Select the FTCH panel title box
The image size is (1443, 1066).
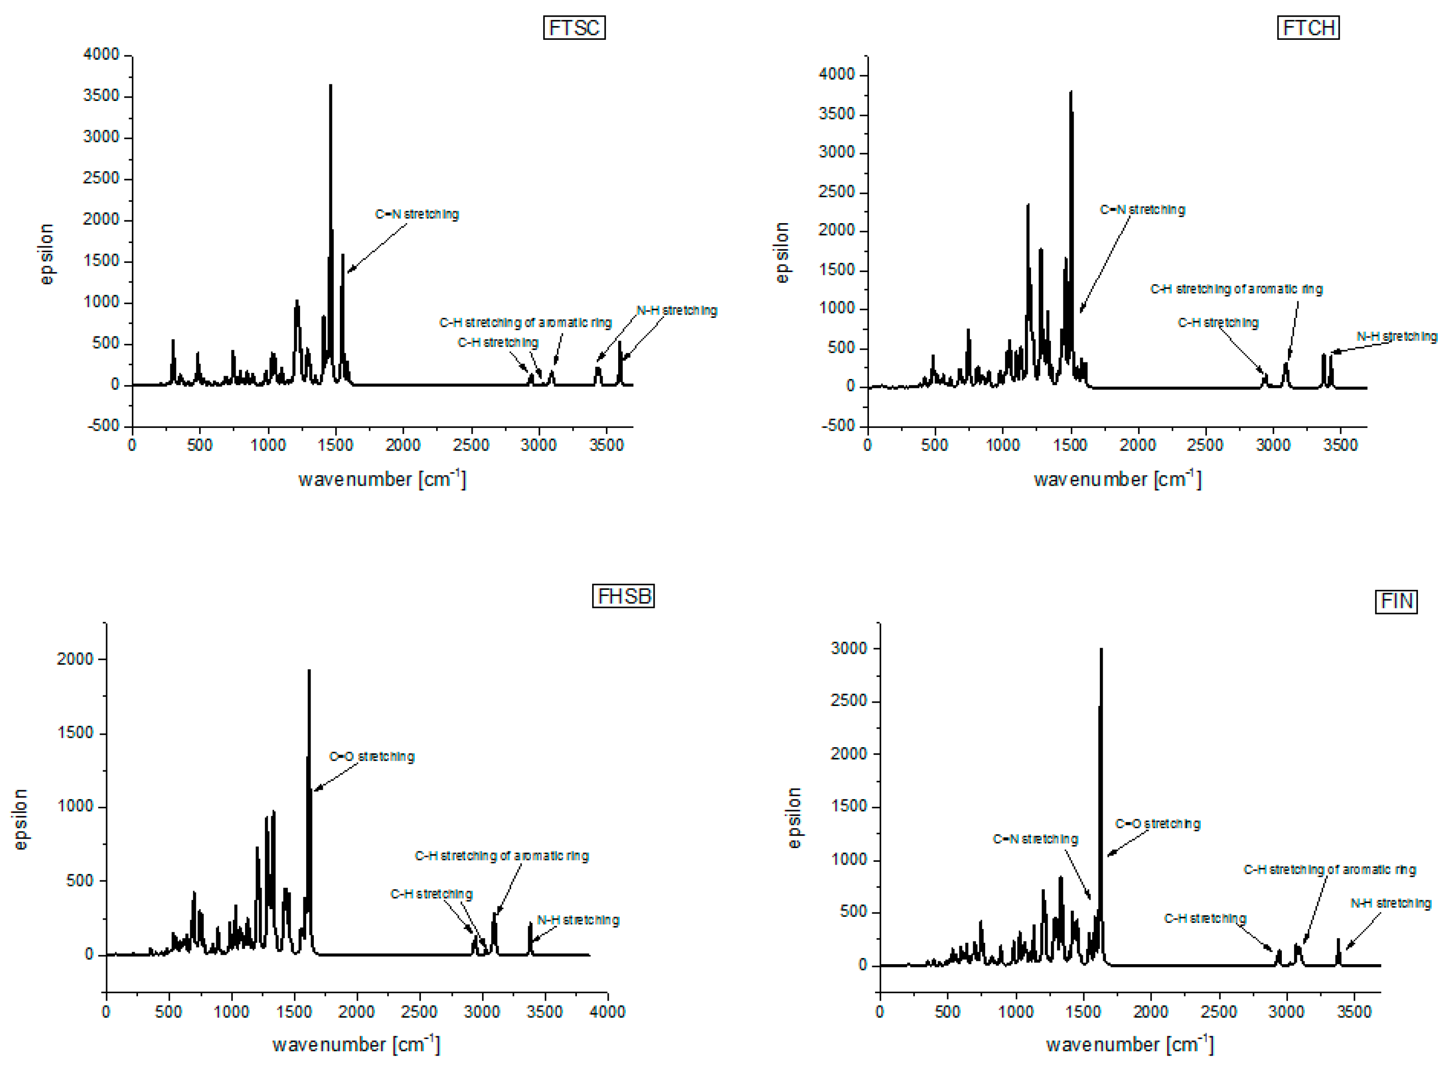pos(1307,28)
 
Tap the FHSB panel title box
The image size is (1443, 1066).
pos(622,596)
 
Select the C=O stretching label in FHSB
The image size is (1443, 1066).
pos(371,756)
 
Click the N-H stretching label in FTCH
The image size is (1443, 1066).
pos(1396,337)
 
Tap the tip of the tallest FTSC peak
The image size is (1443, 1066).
pos(330,86)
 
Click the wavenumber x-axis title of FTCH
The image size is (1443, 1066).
pos(1117,479)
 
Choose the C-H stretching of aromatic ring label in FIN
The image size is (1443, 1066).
pos(1329,870)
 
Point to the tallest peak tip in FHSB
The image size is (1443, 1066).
pos(309,671)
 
